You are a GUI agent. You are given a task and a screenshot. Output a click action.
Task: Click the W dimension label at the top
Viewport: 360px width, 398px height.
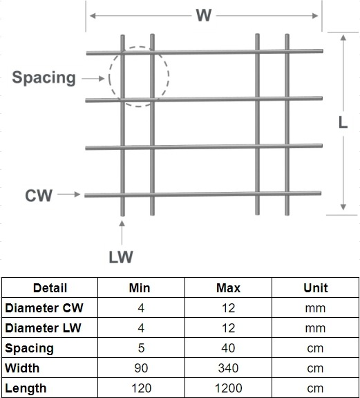pyautogui.click(x=204, y=15)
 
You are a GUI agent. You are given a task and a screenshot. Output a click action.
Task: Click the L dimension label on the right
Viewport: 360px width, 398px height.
pyautogui.click(x=343, y=122)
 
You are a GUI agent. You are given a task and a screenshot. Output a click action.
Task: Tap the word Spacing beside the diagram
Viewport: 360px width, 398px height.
pyautogui.click(x=44, y=78)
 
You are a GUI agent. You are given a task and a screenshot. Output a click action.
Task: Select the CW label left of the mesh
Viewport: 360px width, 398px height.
pyautogui.click(x=39, y=195)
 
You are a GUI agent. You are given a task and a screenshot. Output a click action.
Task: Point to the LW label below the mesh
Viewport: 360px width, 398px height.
pyautogui.click(x=121, y=257)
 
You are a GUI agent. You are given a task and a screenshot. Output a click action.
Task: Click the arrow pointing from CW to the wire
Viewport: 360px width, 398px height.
pyautogui.click(x=69, y=194)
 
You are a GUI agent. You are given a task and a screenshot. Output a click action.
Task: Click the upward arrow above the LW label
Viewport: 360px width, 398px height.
pyautogui.click(x=122, y=232)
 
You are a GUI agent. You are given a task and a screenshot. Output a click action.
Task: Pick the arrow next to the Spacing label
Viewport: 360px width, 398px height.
pyautogui.click(x=93, y=79)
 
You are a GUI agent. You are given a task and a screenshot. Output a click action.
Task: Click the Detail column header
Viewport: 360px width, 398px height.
pyautogui.click(x=50, y=288)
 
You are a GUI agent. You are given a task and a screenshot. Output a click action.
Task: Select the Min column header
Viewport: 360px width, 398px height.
pyautogui.click(x=140, y=288)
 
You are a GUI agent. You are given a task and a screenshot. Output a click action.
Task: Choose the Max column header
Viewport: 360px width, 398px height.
pyautogui.click(x=228, y=288)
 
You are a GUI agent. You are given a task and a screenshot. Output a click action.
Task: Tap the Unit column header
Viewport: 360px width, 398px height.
pyautogui.click(x=316, y=288)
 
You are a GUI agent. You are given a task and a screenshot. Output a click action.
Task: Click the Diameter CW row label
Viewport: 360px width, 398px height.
pyautogui.click(x=44, y=308)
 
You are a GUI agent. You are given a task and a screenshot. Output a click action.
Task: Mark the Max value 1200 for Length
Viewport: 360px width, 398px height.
pyautogui.click(x=228, y=388)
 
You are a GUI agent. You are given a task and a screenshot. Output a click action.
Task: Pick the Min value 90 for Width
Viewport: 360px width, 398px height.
pyautogui.click(x=141, y=368)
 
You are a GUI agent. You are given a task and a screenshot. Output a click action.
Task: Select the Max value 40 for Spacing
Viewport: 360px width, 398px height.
pyautogui.click(x=228, y=348)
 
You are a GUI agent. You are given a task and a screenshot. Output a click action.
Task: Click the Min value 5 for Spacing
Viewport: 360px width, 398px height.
pyautogui.click(x=141, y=348)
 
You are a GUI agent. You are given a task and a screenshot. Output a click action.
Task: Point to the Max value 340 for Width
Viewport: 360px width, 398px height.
pyautogui.click(x=228, y=368)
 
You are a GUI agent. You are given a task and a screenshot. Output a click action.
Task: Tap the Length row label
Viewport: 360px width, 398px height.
pyautogui.click(x=26, y=388)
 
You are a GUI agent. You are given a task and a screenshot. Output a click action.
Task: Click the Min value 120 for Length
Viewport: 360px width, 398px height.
pyautogui.click(x=141, y=388)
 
